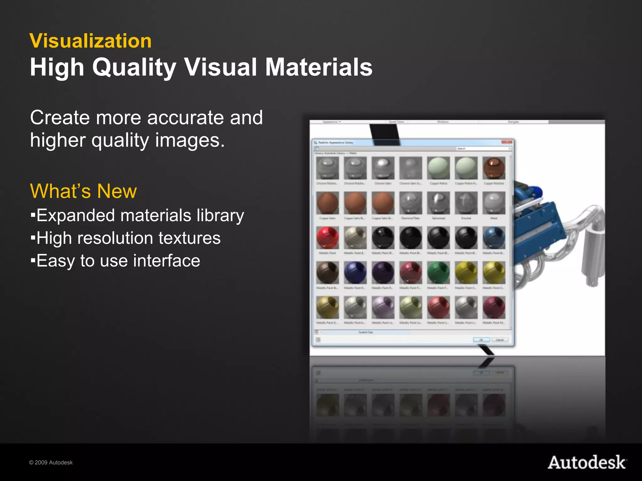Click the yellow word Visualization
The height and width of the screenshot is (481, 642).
(x=91, y=41)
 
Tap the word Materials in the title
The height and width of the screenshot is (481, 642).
(x=319, y=67)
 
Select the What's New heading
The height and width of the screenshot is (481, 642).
(x=83, y=191)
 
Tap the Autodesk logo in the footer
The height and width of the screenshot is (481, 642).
(x=587, y=463)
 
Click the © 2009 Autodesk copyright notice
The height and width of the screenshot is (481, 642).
(x=51, y=463)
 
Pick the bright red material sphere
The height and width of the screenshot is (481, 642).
(x=328, y=238)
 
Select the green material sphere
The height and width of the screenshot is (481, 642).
(x=438, y=272)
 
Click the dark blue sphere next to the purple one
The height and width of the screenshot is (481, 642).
(x=355, y=272)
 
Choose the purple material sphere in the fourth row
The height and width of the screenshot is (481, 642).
(x=383, y=272)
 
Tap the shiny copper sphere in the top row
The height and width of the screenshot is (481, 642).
(x=494, y=168)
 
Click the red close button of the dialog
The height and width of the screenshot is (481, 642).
(x=506, y=142)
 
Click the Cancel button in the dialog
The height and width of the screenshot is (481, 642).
(x=500, y=340)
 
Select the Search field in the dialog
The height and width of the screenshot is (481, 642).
(x=483, y=148)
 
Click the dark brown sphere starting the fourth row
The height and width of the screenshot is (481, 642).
(x=328, y=272)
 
